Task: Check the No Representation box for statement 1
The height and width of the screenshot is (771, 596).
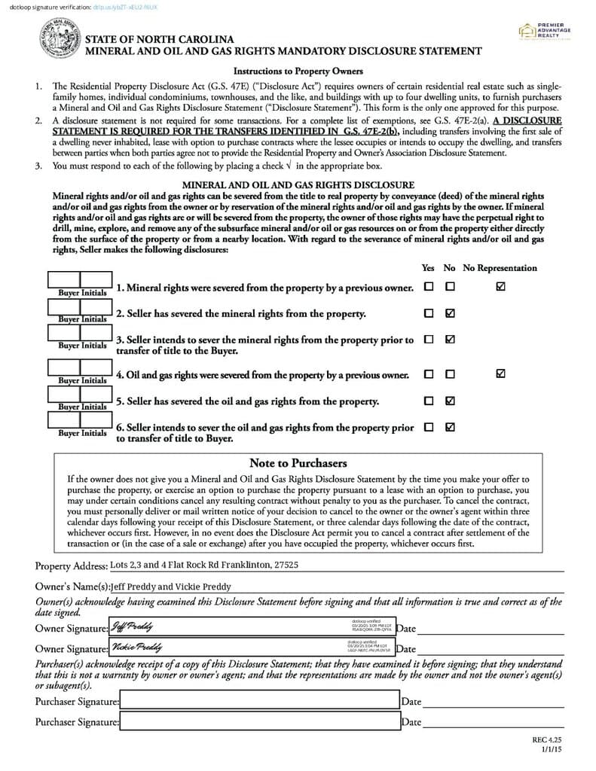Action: click(500, 287)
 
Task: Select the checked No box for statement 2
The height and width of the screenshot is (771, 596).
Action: click(450, 313)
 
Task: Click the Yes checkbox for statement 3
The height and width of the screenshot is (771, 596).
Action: click(429, 340)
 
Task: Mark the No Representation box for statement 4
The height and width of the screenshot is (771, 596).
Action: click(500, 373)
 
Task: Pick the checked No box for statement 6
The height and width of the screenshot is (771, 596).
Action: click(450, 427)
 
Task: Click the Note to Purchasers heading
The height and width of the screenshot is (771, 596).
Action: click(298, 463)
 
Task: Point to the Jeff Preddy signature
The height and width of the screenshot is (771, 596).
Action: click(133, 626)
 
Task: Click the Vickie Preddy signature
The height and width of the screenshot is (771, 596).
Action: click(136, 647)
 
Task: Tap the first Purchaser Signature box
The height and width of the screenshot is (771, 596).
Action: click(259, 701)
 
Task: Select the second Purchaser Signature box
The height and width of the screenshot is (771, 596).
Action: click(259, 721)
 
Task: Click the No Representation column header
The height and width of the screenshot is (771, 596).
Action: click(500, 268)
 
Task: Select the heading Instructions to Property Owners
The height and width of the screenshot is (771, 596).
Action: click(298, 72)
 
